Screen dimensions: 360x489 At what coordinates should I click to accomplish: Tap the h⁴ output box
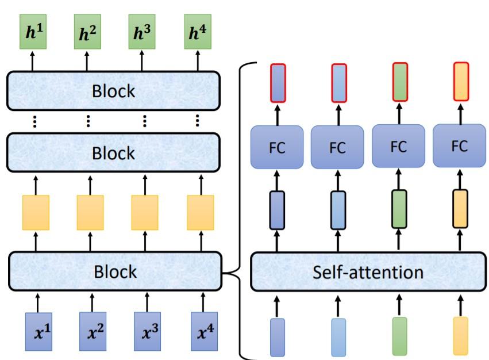[x=198, y=33]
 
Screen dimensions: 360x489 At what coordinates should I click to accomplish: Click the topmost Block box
[x=114, y=91]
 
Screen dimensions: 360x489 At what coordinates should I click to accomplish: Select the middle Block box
[x=114, y=153]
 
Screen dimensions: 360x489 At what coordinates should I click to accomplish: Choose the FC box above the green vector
[x=398, y=147]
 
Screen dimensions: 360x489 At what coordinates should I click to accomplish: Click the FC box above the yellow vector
[x=459, y=146]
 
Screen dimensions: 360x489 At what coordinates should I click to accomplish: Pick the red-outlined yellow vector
[x=461, y=82]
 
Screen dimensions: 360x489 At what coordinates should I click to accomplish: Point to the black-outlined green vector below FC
[x=399, y=209]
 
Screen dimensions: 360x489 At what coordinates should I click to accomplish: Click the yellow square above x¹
[x=36, y=213]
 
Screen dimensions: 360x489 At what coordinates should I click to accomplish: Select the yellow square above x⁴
[x=201, y=213]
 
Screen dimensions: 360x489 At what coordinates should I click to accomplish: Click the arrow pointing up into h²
[x=87, y=60]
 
